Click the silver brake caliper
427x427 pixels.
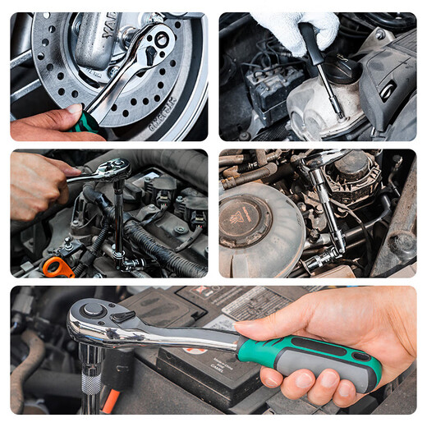point(99,36)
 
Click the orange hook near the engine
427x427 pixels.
point(57,266)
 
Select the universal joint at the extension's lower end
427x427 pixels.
point(335,247)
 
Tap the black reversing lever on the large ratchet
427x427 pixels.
point(122,316)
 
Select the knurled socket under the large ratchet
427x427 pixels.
point(90,383)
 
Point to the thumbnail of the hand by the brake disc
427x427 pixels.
point(75,108)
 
